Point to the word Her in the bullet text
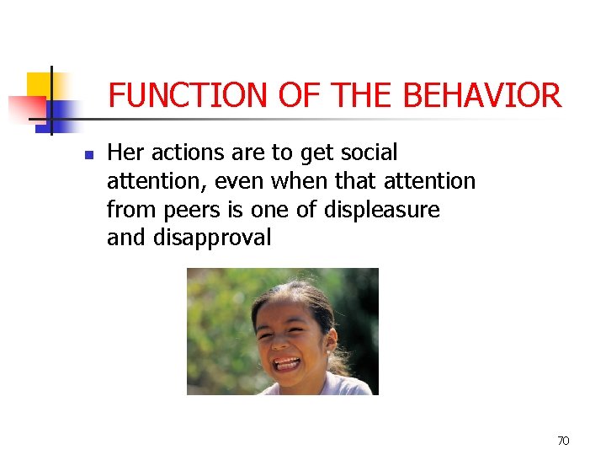click(126, 153)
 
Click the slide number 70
click(563, 440)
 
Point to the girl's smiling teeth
click(287, 364)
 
